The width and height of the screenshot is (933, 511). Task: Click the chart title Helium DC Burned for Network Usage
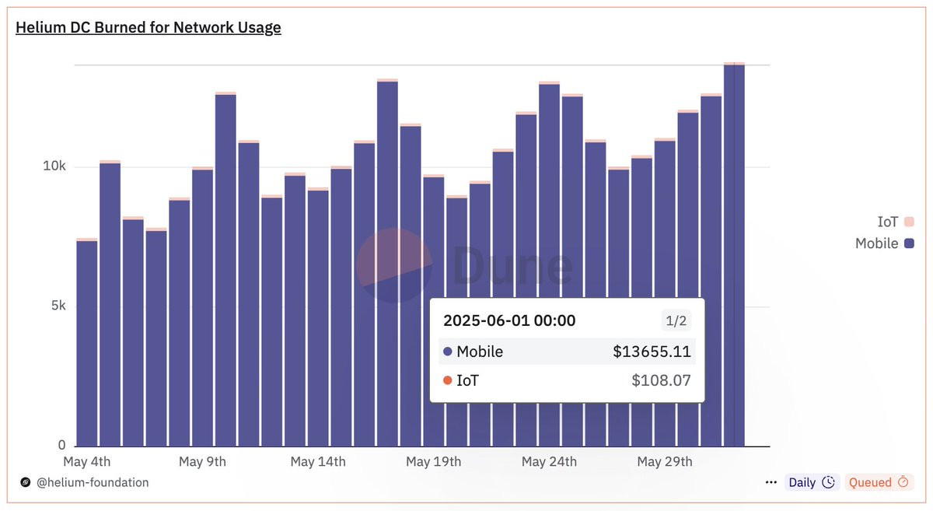tap(149, 28)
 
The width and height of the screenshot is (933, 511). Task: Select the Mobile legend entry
tap(884, 243)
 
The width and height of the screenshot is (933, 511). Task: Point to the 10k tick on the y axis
tap(54, 167)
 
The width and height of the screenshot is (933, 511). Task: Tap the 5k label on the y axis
tap(58, 306)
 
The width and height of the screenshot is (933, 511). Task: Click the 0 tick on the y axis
tap(61, 446)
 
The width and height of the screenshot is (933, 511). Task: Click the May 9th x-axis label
tap(202, 462)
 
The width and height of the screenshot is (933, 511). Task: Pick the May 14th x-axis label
tap(318, 462)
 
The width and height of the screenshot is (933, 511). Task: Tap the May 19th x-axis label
tap(433, 462)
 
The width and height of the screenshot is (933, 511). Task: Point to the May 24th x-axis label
tap(549, 462)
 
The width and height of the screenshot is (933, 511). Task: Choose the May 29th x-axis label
tap(665, 462)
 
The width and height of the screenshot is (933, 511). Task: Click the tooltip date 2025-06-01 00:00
tap(509, 320)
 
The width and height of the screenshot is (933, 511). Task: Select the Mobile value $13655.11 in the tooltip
tap(652, 352)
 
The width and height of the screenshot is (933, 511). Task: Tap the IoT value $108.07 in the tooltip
tap(661, 381)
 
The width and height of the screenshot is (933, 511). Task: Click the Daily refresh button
tap(811, 482)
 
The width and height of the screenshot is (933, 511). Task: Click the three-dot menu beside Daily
tap(771, 482)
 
